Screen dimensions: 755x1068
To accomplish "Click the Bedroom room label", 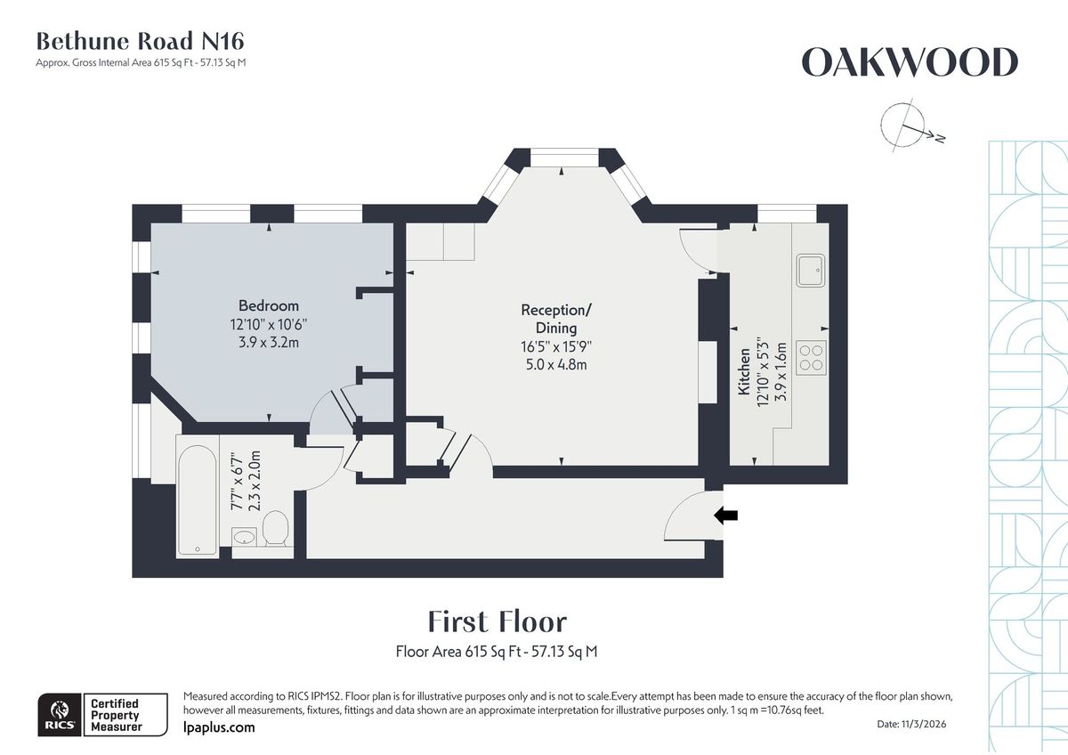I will click(268, 305).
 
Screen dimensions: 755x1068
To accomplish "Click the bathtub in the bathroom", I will click(197, 499).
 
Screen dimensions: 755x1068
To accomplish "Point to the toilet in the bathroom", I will click(275, 529).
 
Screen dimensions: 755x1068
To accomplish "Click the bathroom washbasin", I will click(244, 537).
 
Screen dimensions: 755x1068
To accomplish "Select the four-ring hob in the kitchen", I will click(810, 357).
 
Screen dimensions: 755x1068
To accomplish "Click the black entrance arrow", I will click(727, 515).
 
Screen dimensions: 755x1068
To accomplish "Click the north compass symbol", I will click(902, 126).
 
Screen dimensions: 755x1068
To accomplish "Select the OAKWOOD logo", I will click(909, 63).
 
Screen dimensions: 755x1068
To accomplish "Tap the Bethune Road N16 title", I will click(140, 41).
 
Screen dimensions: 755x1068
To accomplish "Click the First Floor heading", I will click(497, 621).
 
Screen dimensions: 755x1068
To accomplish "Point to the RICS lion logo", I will click(58, 715).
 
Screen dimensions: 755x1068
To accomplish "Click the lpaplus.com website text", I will click(218, 727).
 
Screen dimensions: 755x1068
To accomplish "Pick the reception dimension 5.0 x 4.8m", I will click(555, 364).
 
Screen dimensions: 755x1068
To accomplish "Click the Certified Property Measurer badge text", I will click(115, 715).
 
